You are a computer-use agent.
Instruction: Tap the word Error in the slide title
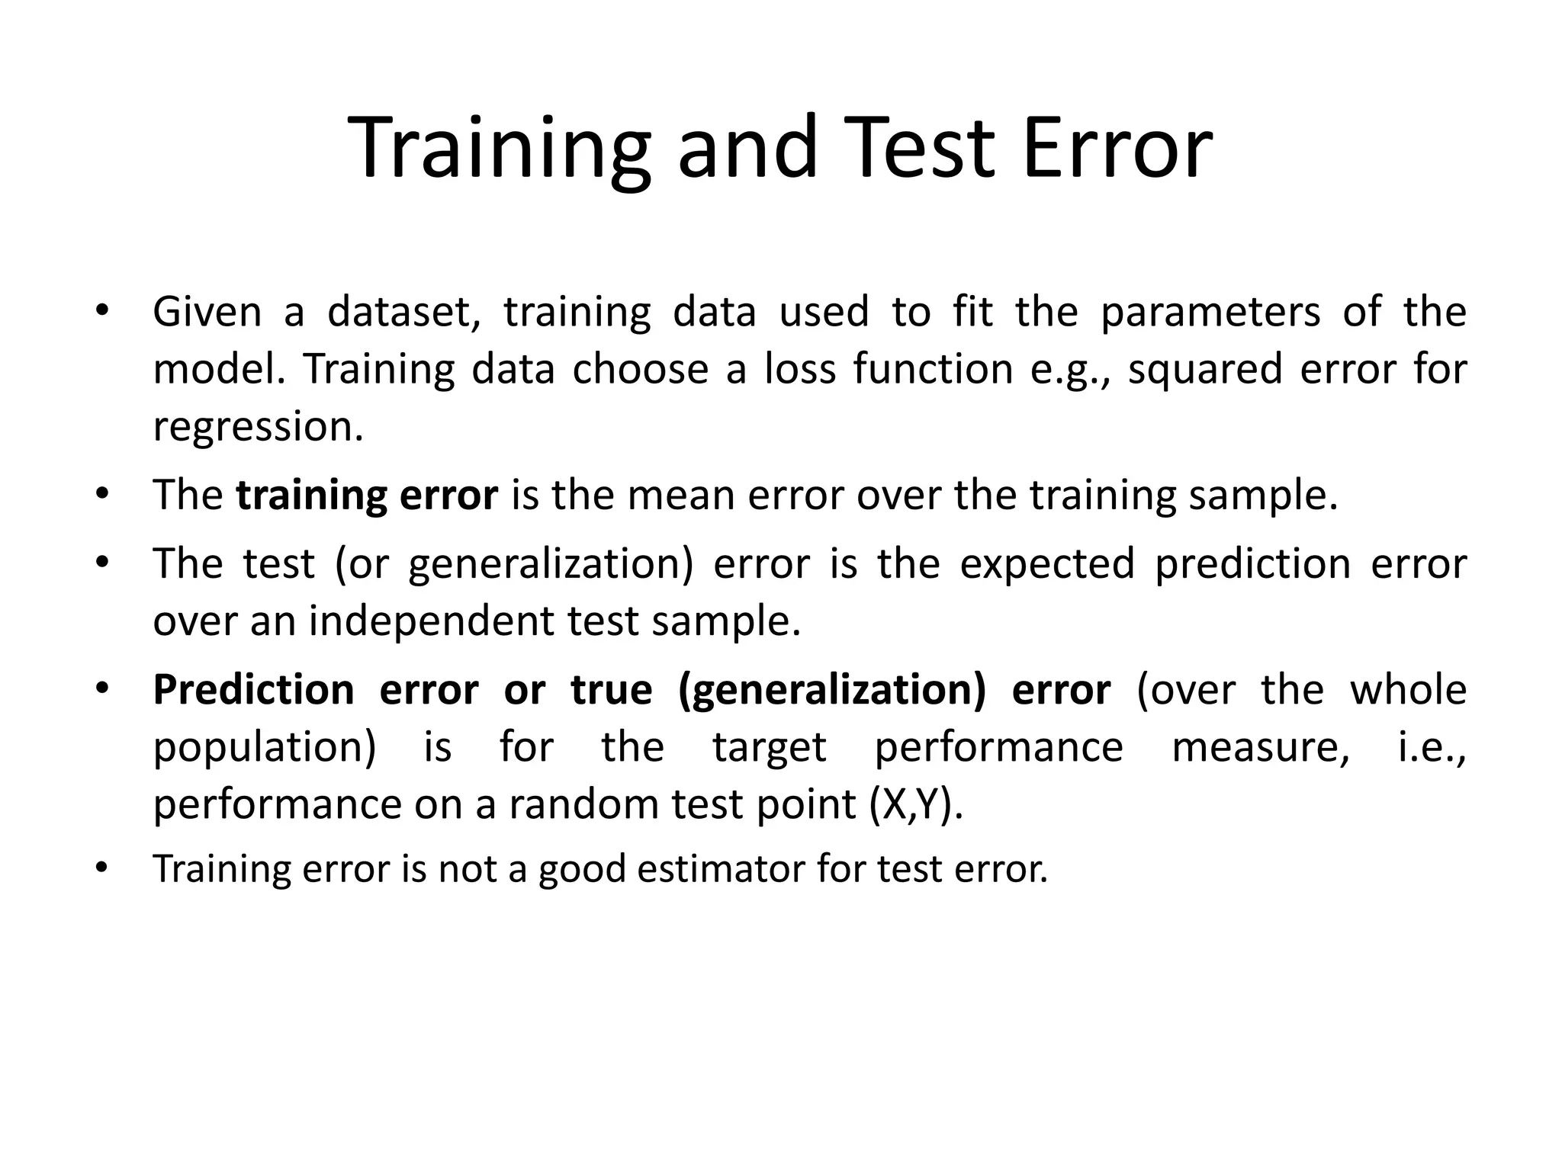1117,148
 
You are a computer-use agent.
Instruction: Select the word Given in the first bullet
207,312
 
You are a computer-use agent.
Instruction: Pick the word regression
258,427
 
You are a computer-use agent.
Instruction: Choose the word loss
800,369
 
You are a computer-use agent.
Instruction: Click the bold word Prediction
253,691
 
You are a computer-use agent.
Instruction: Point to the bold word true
611,690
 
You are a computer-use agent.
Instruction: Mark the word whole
1408,690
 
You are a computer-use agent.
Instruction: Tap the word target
769,747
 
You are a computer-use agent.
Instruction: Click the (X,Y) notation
916,804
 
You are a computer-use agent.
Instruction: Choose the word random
583,804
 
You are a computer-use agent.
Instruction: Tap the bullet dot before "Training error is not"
102,867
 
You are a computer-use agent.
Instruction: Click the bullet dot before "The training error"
102,493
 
